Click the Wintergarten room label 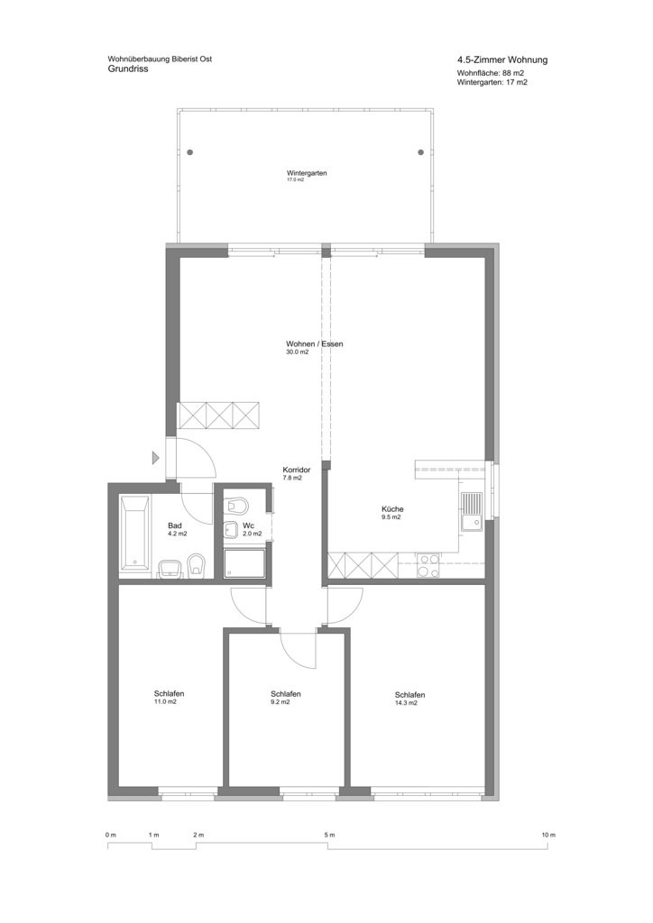[x=307, y=174]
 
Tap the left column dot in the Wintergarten [x=189, y=152]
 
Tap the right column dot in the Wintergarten [x=420, y=152]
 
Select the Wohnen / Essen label [x=315, y=343]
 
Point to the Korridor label [x=296, y=471]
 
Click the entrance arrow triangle [x=156, y=457]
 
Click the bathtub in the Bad [x=135, y=534]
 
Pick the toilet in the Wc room [x=236, y=505]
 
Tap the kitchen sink [x=472, y=511]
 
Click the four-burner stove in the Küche [x=428, y=565]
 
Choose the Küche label [x=392, y=509]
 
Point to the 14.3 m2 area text [x=406, y=703]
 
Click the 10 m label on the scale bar [x=548, y=835]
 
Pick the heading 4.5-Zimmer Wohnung [x=502, y=60]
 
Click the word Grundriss [x=128, y=69]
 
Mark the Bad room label [x=174, y=525]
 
